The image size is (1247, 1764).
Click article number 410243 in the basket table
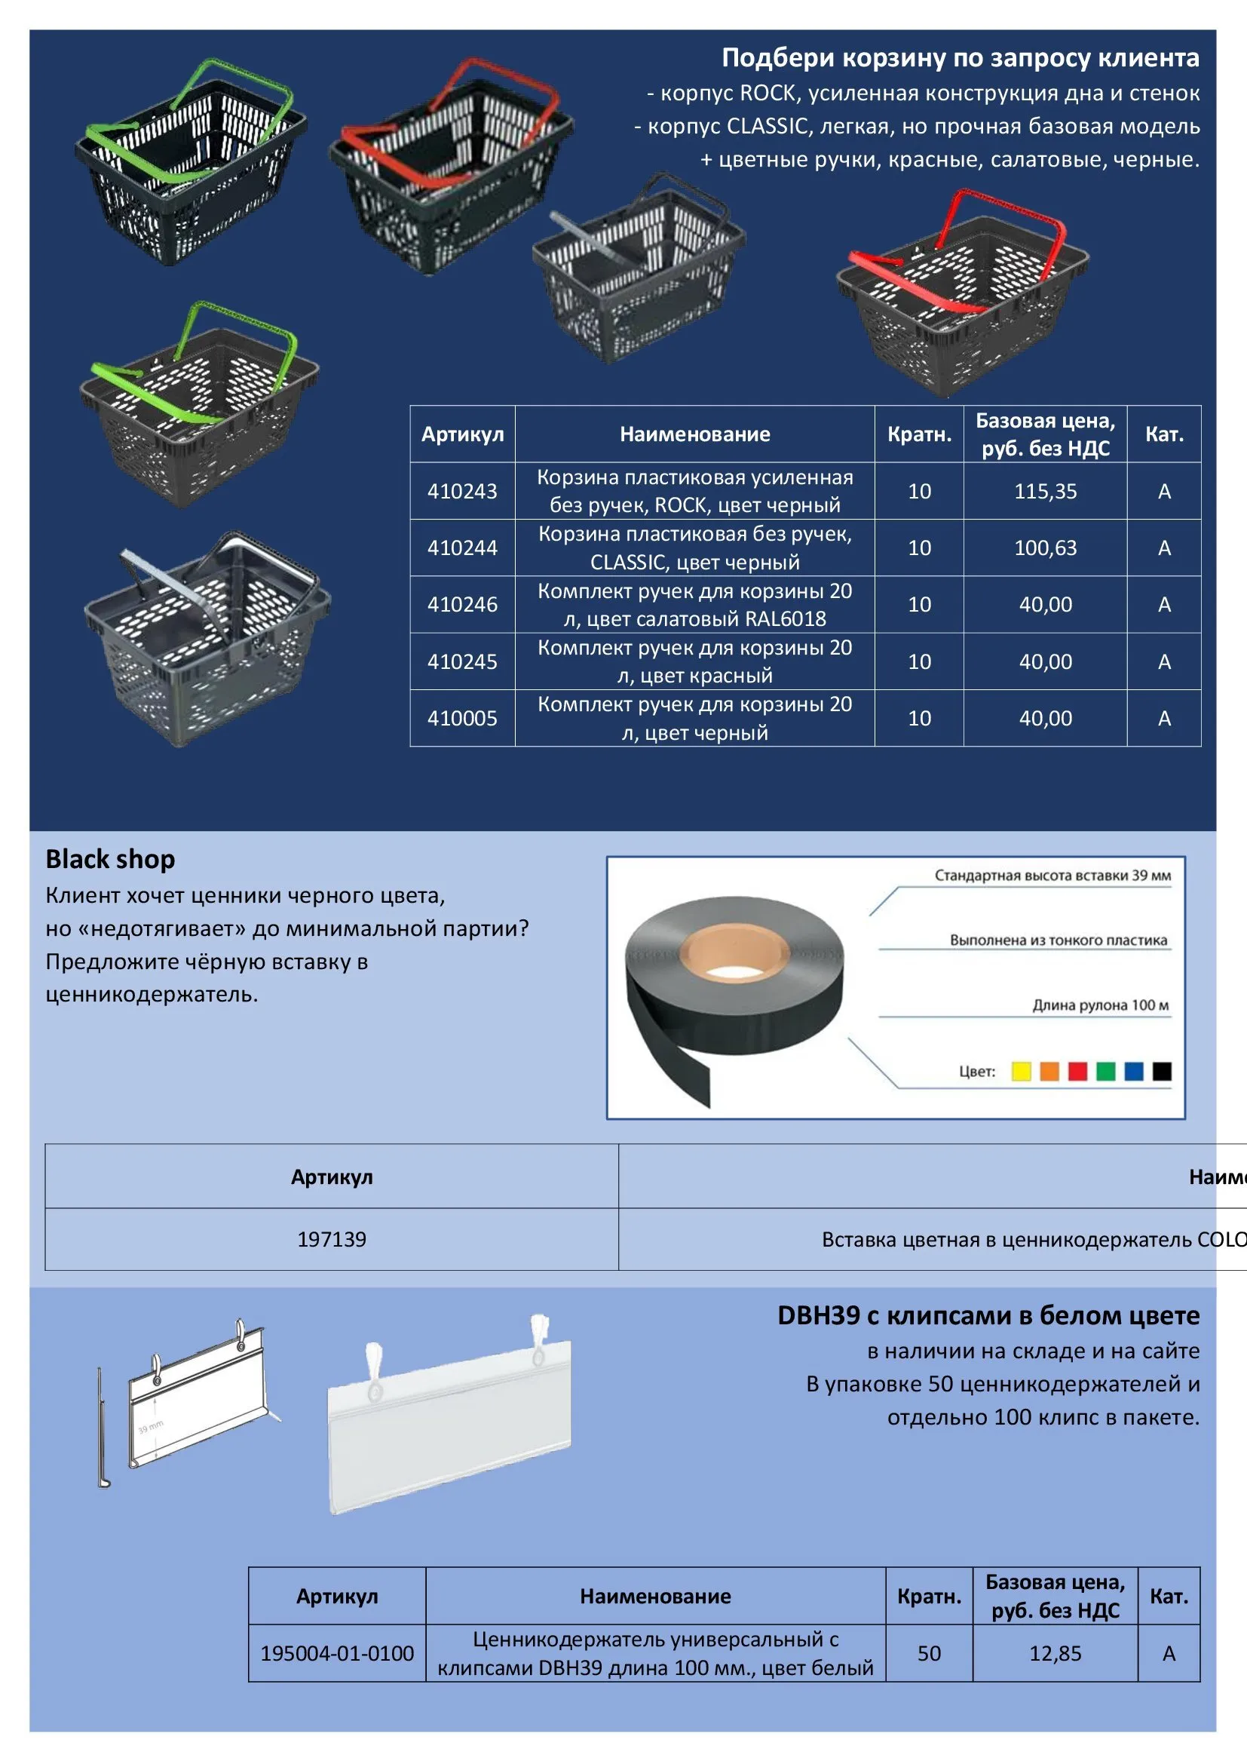[462, 491]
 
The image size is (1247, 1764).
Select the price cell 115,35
[1045, 491]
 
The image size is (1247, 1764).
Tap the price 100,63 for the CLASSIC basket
[1045, 548]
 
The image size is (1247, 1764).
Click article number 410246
[462, 605]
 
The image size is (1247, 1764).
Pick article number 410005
[462, 719]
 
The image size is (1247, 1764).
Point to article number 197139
[332, 1239]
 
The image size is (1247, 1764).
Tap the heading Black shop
[111, 859]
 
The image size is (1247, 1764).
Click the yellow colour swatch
[1021, 1071]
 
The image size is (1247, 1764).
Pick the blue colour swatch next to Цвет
[1133, 1071]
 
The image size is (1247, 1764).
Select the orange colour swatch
[1049, 1071]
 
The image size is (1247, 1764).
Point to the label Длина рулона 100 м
[1099, 1005]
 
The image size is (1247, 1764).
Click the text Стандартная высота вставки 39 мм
[1052, 875]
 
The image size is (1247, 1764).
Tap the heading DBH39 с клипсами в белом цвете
[988, 1315]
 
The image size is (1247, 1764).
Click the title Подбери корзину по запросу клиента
[960, 57]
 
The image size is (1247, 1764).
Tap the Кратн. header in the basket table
[919, 435]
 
